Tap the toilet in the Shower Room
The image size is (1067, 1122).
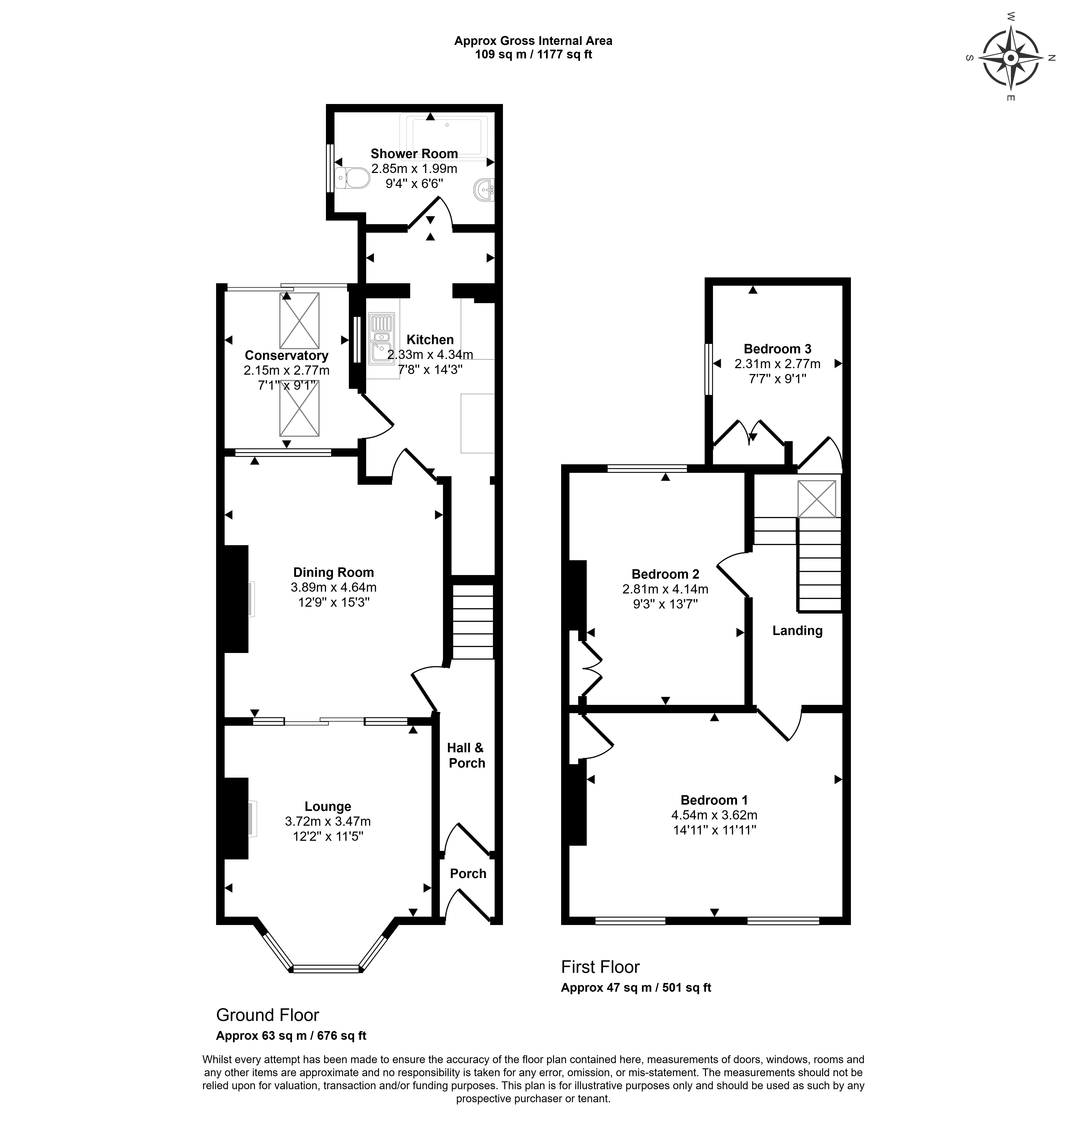(353, 178)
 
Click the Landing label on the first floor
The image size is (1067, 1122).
(797, 631)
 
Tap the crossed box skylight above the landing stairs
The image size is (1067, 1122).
(817, 499)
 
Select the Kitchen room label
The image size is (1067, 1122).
(430, 339)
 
